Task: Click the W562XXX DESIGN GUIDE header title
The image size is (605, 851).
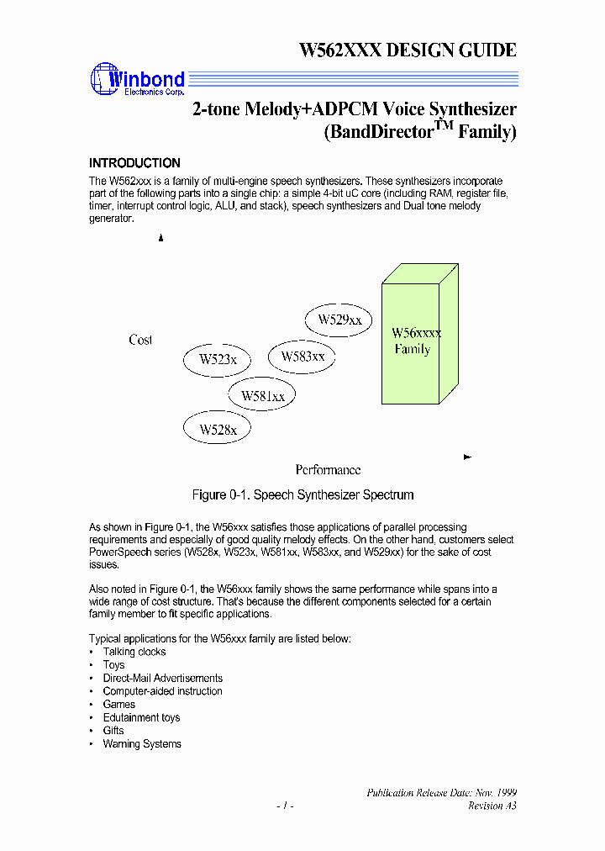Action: tap(408, 50)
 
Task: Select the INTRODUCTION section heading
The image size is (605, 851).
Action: tap(134, 163)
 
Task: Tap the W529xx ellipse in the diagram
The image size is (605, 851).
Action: tap(339, 320)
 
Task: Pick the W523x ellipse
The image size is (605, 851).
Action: tap(218, 360)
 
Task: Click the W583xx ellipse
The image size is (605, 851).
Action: tap(302, 357)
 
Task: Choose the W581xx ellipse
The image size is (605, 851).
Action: tap(262, 395)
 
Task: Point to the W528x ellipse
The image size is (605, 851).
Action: tap(218, 430)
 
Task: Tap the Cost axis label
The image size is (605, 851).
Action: tap(140, 340)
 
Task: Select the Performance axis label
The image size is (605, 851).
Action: tap(328, 469)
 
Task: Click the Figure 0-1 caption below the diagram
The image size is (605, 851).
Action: tap(302, 494)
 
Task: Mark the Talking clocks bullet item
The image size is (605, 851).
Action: tap(134, 652)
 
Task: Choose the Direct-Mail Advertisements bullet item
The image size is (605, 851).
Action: tap(162, 678)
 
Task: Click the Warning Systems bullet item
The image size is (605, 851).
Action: tap(142, 743)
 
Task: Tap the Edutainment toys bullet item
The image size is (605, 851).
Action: tap(141, 717)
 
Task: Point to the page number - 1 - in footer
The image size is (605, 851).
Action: tap(285, 806)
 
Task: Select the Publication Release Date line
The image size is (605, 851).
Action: tap(441, 793)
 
